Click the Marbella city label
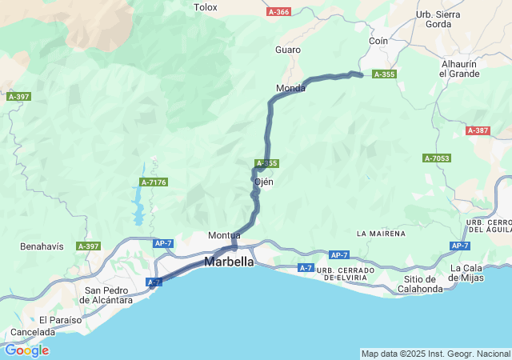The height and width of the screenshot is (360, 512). (230, 262)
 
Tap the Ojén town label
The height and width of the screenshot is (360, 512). (264, 182)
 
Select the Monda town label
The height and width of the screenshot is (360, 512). (290, 88)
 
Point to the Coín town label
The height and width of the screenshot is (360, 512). (378, 41)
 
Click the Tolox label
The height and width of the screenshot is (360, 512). (206, 7)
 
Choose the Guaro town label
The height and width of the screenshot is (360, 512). (288, 50)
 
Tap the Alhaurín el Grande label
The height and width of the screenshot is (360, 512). (460, 69)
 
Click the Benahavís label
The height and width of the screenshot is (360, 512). (42, 246)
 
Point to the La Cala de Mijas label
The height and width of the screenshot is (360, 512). (478, 273)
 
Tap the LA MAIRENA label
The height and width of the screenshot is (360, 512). (382, 234)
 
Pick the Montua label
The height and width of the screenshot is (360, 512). (224, 235)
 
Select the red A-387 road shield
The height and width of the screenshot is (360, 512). (478, 130)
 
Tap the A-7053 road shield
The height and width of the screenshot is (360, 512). (437, 158)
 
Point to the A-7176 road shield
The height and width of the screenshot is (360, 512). (154, 182)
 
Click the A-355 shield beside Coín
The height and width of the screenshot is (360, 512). (384, 74)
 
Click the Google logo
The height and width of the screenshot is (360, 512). (26, 350)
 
